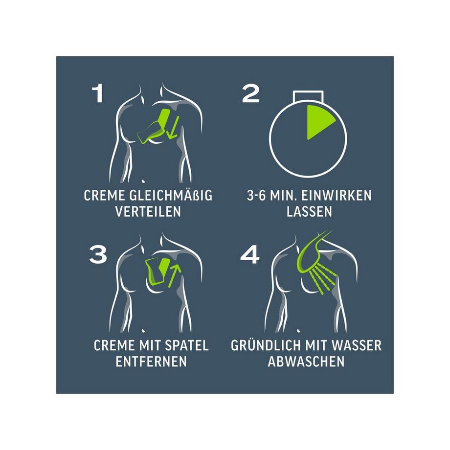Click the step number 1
pos(98,93)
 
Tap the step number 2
pos(250,93)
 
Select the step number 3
pos(98,254)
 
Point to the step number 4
pos(250,254)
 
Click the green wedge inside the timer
pos(318,122)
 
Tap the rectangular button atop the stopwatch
pos(308,96)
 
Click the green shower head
pos(313,252)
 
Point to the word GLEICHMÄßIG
pos(171,196)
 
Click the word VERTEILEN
pos(148,211)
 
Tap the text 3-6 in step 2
pos(257,196)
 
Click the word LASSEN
pos(309,211)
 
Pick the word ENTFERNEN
pos(151,361)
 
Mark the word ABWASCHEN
pos(306,361)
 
